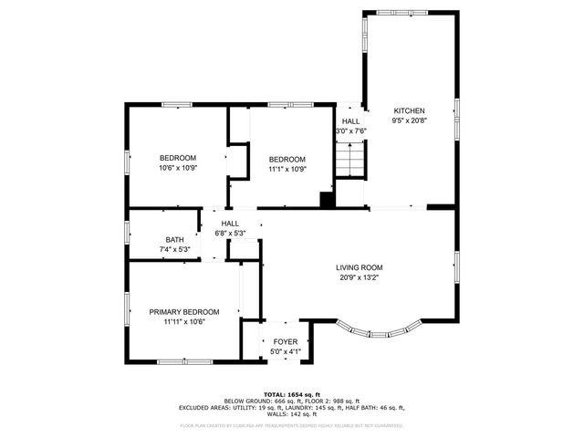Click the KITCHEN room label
coord(409,109)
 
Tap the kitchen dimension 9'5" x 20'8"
coord(409,120)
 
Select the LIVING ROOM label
coord(359,267)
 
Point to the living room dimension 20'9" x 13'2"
coord(359,278)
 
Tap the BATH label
coord(173,239)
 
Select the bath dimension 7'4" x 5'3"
coord(173,250)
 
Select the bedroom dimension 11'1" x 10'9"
coord(287,169)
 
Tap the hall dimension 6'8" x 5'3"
coord(230,234)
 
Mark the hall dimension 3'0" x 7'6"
coord(351,131)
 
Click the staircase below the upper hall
coord(350,162)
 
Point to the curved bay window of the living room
coord(381,329)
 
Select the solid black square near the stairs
coord(325,199)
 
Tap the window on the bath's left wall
coord(127,233)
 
